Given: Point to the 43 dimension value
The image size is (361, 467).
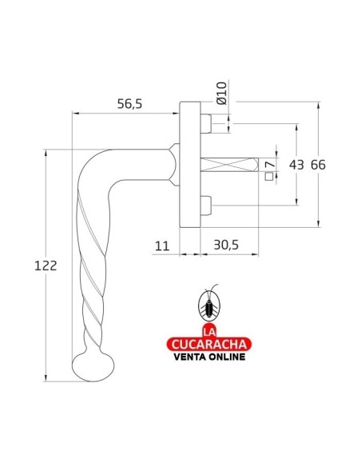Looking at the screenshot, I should (296, 165).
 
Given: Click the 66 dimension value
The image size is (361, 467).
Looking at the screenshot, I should (319, 165).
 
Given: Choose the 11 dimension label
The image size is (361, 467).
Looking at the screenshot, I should (162, 247).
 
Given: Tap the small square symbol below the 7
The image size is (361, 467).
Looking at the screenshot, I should (268, 178).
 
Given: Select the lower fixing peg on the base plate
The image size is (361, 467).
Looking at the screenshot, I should (207, 206).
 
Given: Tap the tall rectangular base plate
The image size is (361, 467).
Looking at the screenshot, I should (188, 165).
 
